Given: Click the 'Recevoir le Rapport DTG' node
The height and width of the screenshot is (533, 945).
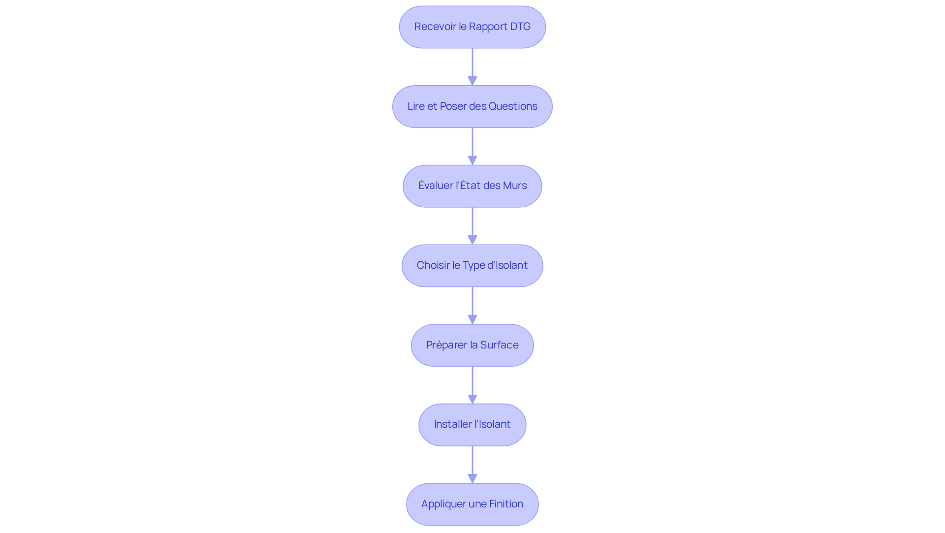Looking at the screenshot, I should pos(472,27).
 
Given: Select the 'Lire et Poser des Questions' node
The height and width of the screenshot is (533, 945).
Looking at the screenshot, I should pos(472,107).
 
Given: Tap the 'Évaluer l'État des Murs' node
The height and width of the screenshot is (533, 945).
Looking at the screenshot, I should pos(472,186).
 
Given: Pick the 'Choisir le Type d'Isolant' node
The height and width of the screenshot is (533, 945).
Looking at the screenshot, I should pos(472,266).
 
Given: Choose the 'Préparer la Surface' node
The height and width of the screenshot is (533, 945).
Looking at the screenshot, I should pos(472,345).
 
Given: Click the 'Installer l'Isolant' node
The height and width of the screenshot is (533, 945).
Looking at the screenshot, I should pos(472,425).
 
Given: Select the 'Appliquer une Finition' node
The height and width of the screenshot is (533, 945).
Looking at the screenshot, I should pos(472,504).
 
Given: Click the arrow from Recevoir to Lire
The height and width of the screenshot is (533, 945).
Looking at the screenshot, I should pos(472,66).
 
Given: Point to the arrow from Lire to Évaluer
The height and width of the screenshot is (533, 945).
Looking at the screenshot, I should pos(472,146).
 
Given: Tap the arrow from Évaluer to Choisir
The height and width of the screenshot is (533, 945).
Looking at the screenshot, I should pos(472,225).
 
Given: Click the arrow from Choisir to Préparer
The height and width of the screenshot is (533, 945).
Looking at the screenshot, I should pos(472,305).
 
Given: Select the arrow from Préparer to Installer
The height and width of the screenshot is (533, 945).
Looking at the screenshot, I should pos(472,385).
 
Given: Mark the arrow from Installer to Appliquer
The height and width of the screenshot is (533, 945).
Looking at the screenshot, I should pos(472,464).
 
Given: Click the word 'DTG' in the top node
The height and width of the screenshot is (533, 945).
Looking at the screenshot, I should pos(520,27).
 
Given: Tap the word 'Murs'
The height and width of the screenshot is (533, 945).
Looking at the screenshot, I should pos(514,186).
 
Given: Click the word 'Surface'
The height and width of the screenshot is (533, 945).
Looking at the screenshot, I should pos(499,345).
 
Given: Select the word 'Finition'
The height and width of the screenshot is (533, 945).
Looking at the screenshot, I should pos(506,504).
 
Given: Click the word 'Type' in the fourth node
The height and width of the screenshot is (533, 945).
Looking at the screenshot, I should pos(473,265).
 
